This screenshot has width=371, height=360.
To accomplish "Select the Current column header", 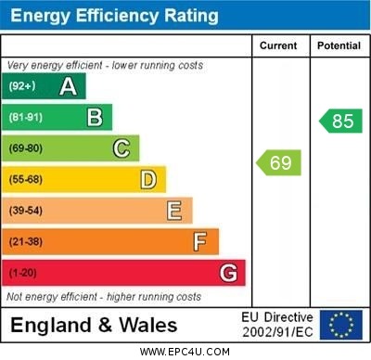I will coord(278,45).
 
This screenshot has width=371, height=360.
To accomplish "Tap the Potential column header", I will coord(339,45).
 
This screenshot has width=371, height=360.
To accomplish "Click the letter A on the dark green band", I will coord(68,86).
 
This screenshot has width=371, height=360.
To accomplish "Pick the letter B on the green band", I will coord(95,117).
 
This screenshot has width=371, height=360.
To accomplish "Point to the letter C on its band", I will coord(122,148).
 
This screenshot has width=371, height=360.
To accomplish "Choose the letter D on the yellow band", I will coord(148,179).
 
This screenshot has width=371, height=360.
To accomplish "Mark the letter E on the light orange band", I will coord(174,211).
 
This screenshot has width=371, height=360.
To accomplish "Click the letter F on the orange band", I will coord(200,242).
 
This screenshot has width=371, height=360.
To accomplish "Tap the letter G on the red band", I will coord(228,274).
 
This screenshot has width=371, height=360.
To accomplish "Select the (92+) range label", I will coord(21,87).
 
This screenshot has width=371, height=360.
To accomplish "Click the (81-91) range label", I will coord(25,118).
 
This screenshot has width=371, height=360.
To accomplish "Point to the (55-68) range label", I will coord(25,180).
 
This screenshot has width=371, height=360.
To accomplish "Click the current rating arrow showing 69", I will coord(279,163).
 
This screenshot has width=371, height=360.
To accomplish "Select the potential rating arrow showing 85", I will coord(340,121).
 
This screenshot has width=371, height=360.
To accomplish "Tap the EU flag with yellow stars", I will coord(341,325).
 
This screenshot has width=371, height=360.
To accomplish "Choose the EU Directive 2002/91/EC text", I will coord(277,325).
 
